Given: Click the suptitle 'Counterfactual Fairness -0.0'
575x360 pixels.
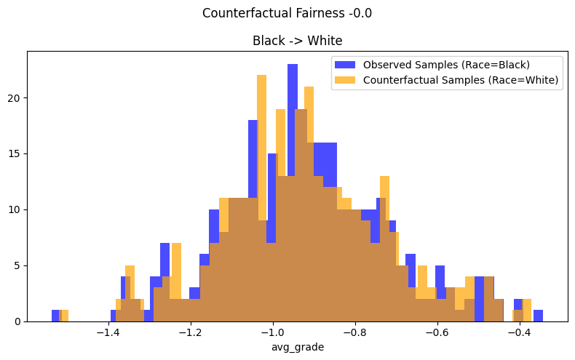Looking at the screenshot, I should pos(287,13).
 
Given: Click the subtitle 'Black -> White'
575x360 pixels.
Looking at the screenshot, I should pos(297,41).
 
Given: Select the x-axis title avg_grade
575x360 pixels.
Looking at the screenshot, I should pos(297,347).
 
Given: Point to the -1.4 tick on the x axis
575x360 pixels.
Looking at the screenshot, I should pos(108,332).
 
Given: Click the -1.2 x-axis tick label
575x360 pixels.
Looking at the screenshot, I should pos(190,332).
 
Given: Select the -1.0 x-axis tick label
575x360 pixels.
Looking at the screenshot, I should pos(272,332).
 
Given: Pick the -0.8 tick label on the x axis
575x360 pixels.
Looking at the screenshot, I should pos(354,332).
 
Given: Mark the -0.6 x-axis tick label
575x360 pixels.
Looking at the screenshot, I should pos(437,332).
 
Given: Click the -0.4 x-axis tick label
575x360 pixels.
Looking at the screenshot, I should pos(519,332).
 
